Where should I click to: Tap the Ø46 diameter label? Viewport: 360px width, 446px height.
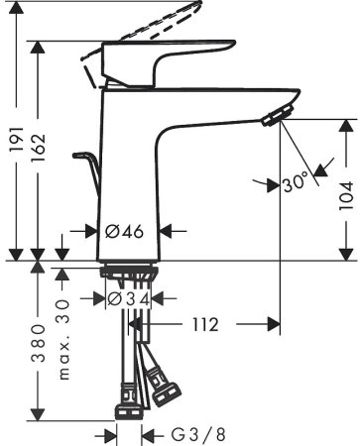coord(126,231)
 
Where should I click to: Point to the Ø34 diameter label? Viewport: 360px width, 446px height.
coord(128,297)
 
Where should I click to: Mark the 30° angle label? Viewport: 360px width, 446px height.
coord(296,181)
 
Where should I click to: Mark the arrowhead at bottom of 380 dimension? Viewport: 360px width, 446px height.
coord(37,414)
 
